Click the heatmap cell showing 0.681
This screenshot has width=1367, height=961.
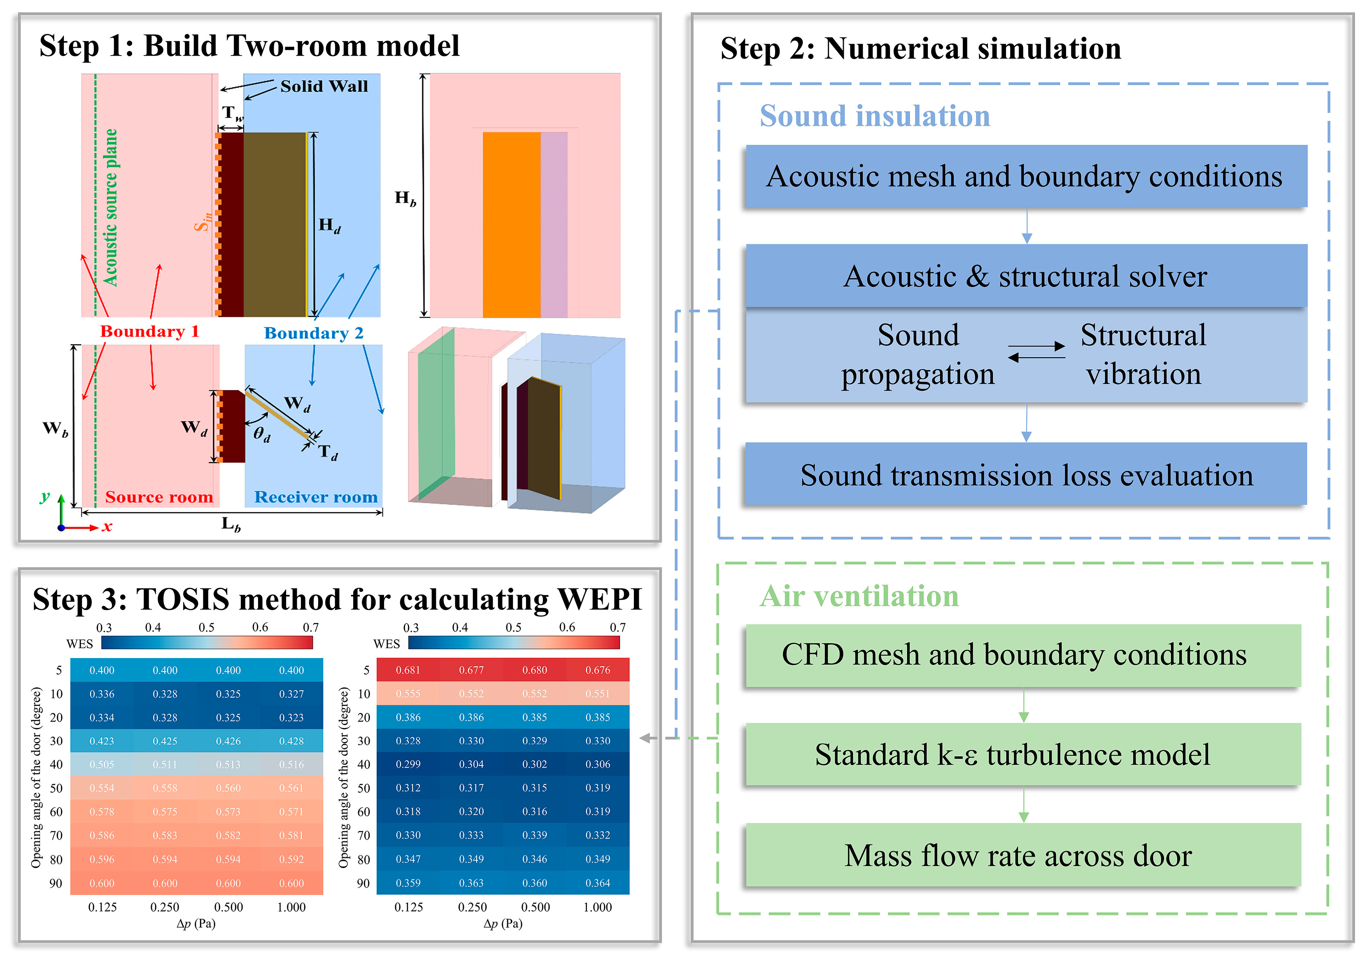coord(408,670)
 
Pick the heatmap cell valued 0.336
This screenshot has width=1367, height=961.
coord(102,693)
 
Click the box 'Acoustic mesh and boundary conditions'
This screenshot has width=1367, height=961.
coord(1025,176)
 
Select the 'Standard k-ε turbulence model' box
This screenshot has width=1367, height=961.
coord(1022,754)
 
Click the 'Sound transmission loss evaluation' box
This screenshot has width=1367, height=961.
coord(1025,475)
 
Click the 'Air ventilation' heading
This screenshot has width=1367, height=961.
coord(859,596)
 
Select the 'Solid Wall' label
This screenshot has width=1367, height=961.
coord(324,86)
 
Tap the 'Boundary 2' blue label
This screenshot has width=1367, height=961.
coord(313,333)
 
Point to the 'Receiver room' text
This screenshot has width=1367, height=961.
coord(316,497)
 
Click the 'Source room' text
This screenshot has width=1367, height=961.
coord(159,497)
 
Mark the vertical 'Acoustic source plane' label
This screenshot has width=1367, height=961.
coord(111,207)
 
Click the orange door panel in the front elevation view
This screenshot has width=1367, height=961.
coord(511,224)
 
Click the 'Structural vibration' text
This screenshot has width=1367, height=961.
coord(1143,354)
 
